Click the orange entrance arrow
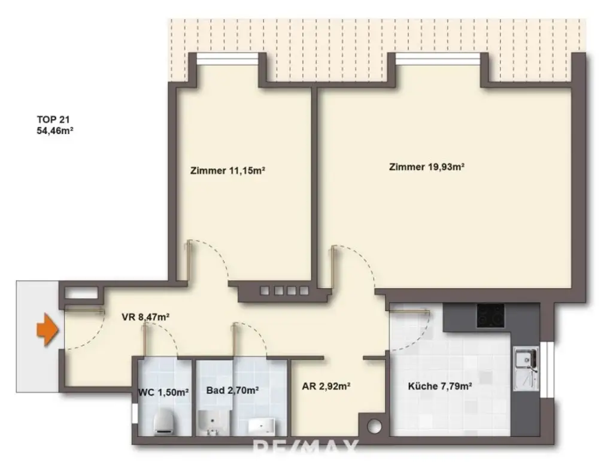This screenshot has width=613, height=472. [x=46, y=331]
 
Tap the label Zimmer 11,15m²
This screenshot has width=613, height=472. [x=227, y=170]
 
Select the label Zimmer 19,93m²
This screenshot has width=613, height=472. [x=427, y=167]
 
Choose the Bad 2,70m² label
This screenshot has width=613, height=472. [x=232, y=391]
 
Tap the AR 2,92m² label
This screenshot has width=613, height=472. [x=326, y=386]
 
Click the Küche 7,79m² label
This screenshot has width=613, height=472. [x=440, y=386]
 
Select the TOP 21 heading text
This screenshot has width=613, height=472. [x=54, y=118]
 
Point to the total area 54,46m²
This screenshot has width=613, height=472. [x=54, y=129]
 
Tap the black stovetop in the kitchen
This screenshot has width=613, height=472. [x=490, y=315]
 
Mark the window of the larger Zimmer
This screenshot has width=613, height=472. [x=438, y=58]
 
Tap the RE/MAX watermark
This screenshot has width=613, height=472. [x=305, y=446]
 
